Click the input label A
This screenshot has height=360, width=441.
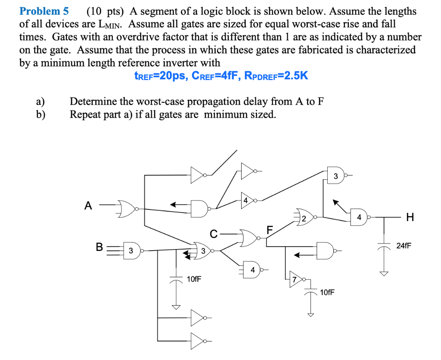point(88,206)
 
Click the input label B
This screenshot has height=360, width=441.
point(99,247)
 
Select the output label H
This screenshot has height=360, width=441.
point(410,218)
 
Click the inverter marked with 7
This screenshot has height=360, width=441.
point(296,278)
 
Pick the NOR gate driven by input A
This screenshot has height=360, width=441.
point(125,209)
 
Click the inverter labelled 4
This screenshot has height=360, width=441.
point(247,200)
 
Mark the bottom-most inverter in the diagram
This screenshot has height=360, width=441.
point(198,341)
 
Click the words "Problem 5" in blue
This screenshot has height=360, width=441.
point(44,11)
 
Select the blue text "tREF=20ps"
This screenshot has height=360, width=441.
point(159,76)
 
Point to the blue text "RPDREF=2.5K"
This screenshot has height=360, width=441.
point(276,76)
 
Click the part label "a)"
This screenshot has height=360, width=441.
point(40,102)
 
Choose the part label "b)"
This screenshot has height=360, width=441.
point(40,114)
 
